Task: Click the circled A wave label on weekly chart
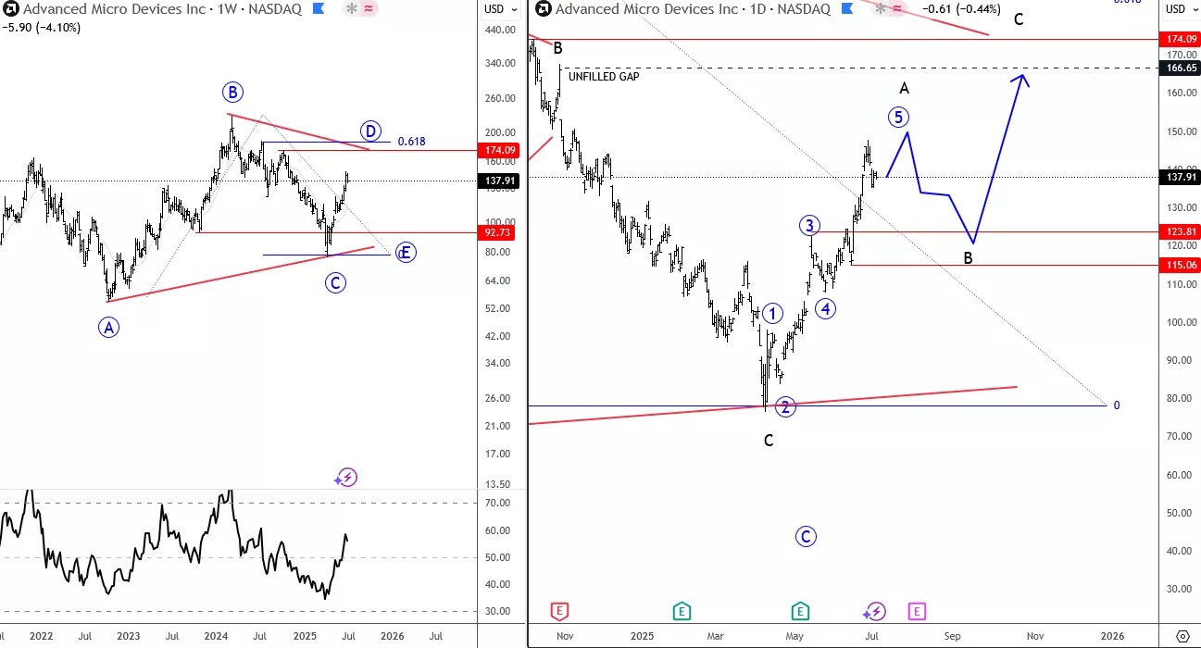coord(109,326)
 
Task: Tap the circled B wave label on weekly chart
coord(232,92)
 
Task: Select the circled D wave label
coord(370,130)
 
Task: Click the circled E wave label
coord(405,253)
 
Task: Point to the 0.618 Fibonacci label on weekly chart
coord(411,142)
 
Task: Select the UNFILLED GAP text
coord(604,77)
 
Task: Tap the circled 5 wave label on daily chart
coord(897,117)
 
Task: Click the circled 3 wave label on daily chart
coord(809,226)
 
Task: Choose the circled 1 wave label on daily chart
coord(773,314)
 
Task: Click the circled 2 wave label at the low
coord(785,406)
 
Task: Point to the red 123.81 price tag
coord(1179,232)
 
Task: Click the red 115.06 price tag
coord(1179,265)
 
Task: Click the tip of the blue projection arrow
coord(1023,74)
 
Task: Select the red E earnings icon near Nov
coord(558,611)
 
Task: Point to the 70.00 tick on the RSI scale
coord(498,504)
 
